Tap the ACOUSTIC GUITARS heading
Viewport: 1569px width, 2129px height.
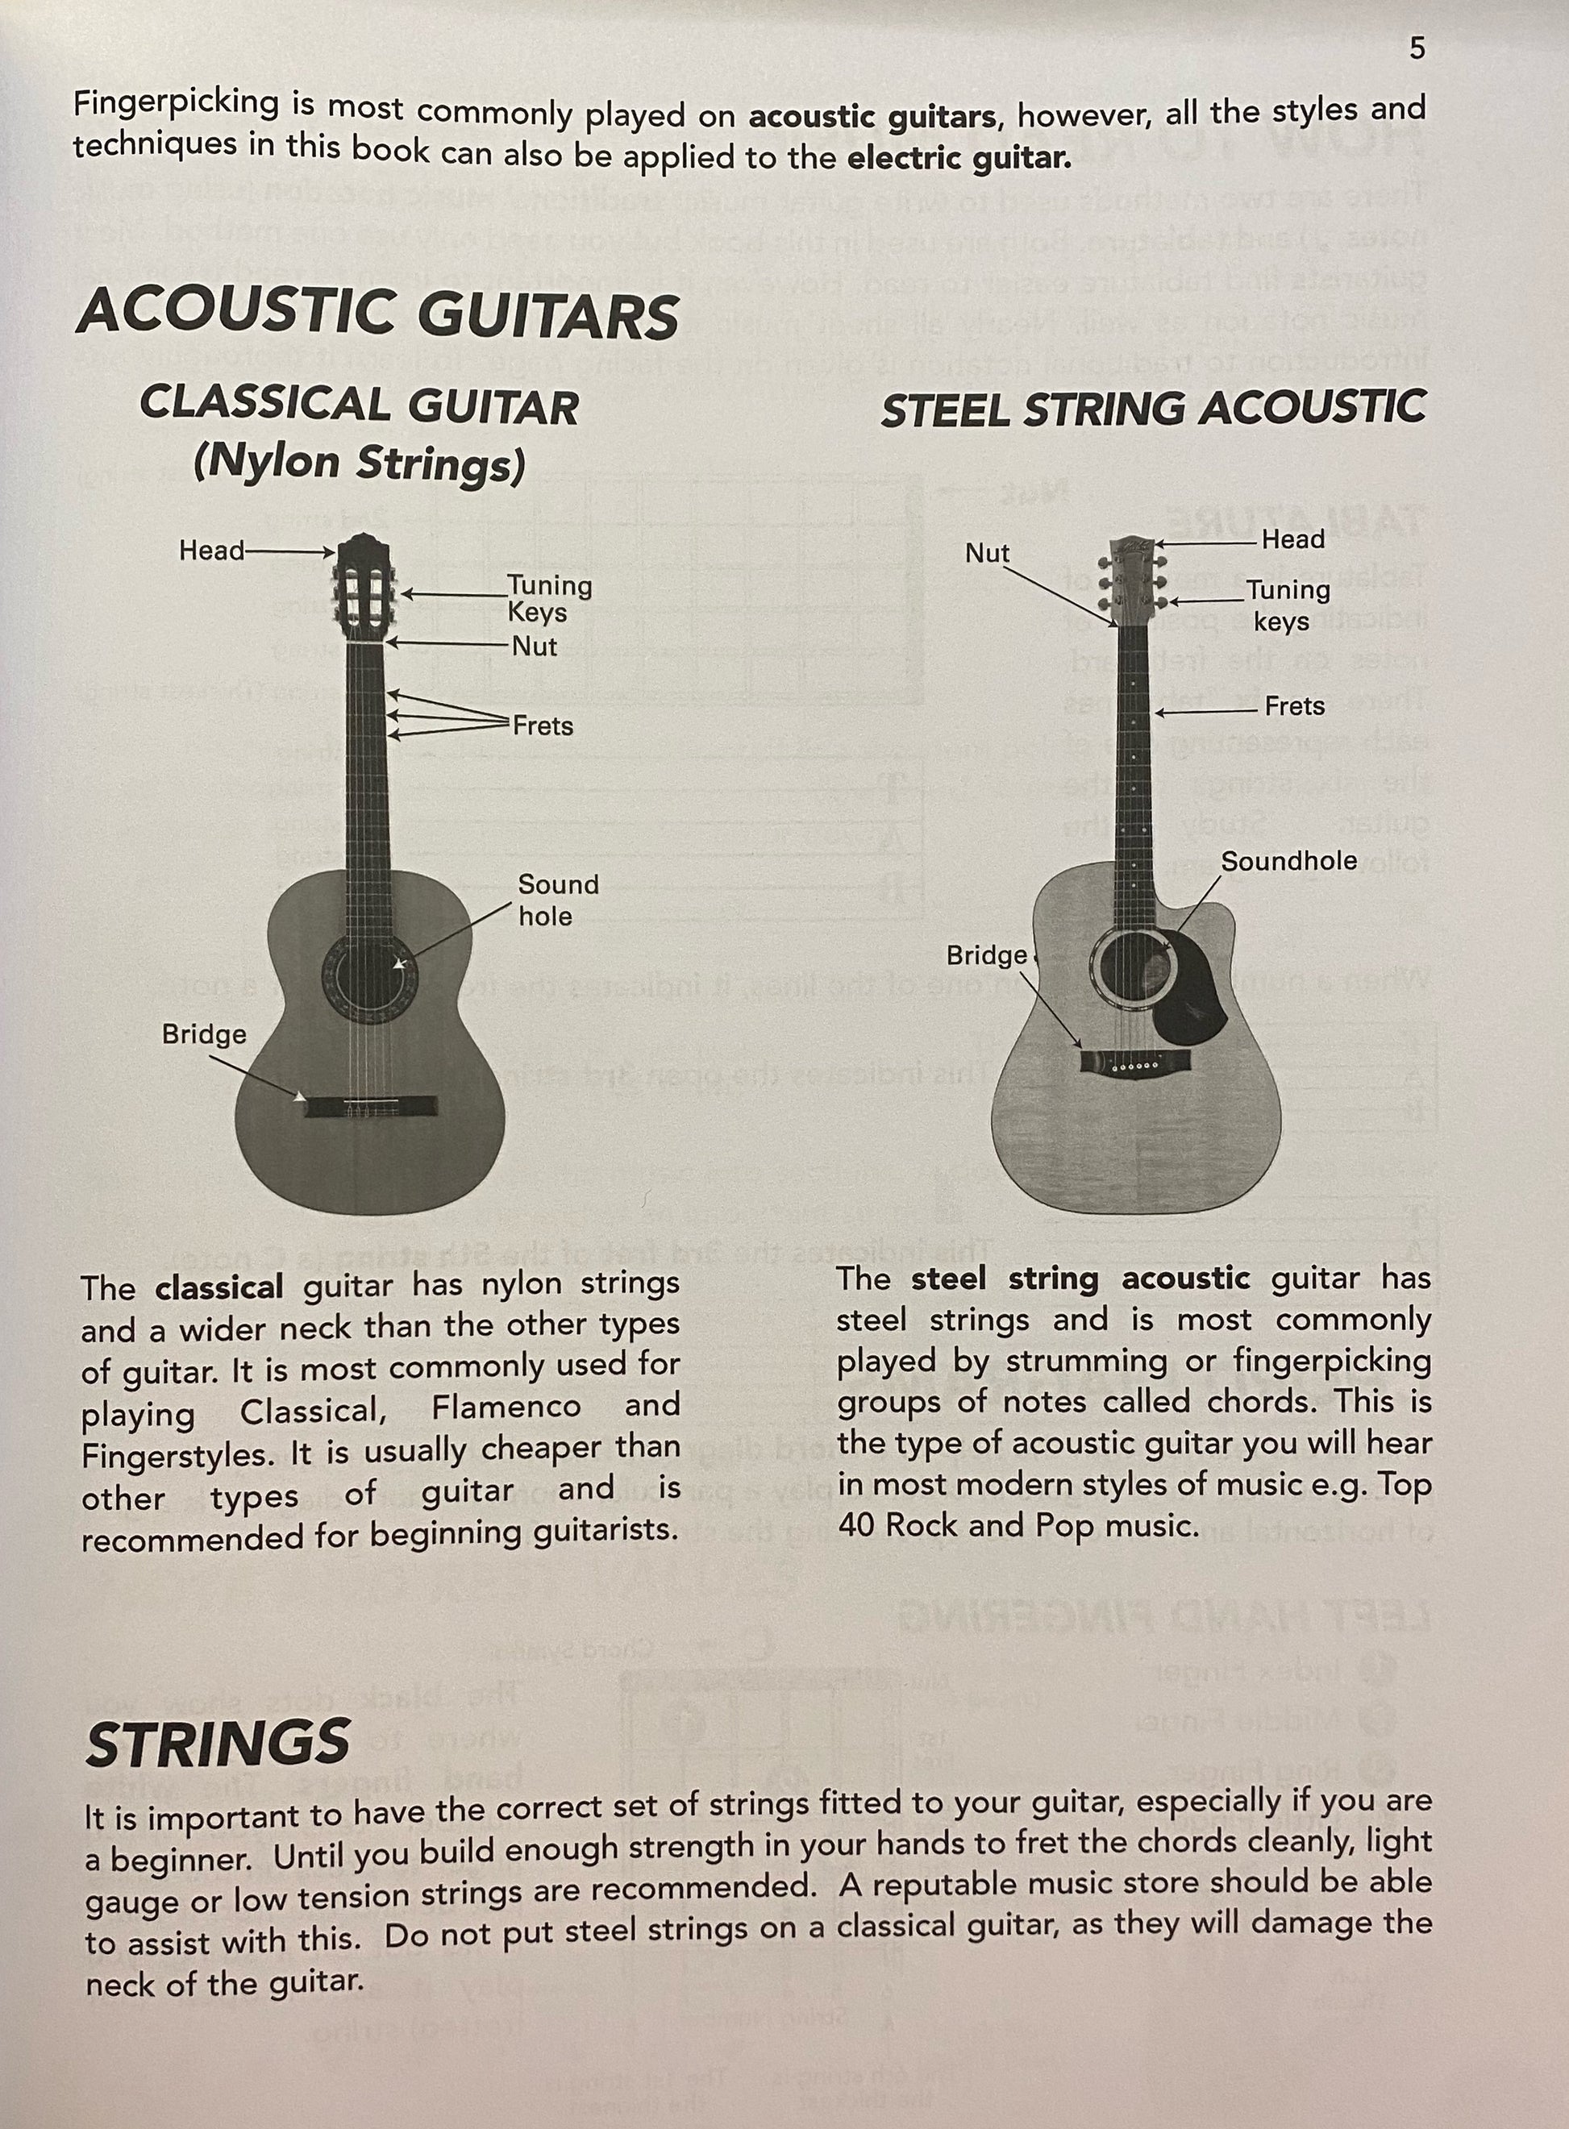[x=378, y=314]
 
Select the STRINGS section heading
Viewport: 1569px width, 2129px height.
[x=218, y=1741]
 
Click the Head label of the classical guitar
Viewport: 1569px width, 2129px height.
[x=212, y=551]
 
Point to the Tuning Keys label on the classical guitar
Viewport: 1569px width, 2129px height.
[x=549, y=598]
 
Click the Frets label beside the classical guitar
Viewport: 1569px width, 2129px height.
[x=543, y=726]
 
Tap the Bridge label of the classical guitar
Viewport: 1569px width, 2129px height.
[x=204, y=1034]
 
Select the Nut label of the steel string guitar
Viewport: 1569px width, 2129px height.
[x=988, y=554]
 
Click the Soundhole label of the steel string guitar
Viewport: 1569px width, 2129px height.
[x=1288, y=861]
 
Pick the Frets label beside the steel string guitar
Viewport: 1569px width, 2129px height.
[x=1295, y=706]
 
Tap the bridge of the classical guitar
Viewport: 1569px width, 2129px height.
[x=372, y=1106]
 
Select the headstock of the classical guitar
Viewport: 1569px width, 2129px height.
[x=364, y=587]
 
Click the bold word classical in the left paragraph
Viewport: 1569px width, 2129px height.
[x=219, y=1287]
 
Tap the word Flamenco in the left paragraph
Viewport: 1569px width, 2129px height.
[x=506, y=1407]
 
